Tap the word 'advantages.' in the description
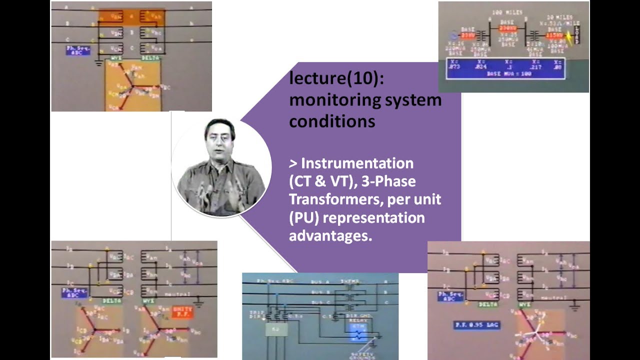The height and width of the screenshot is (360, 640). pos(330,235)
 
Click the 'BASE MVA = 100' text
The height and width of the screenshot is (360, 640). pos(505,74)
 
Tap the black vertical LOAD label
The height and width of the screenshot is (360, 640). pos(576,35)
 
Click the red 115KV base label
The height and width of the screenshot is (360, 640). pos(553,35)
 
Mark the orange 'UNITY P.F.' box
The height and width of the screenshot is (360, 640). pos(181,311)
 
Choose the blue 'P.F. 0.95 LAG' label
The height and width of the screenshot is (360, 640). pos(477,325)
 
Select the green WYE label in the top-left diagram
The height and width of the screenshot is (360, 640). pos(116,58)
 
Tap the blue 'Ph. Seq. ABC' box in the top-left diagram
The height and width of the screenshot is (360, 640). pos(77,50)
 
